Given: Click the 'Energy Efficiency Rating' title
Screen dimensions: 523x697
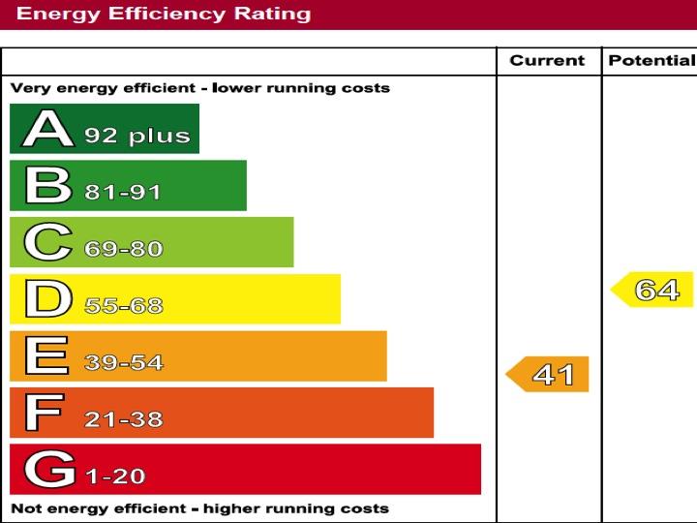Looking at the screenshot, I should pyautogui.click(x=165, y=14).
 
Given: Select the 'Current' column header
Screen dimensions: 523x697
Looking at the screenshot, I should pyautogui.click(x=548, y=60).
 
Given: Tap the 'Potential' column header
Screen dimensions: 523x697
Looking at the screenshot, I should pyautogui.click(x=651, y=60).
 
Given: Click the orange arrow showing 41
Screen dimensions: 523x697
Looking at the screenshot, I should pyautogui.click(x=549, y=374).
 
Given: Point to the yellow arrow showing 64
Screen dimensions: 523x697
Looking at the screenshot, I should pyautogui.click(x=653, y=290).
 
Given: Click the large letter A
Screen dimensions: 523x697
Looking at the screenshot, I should pyautogui.click(x=47, y=129).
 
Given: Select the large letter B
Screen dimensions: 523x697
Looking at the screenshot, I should pyautogui.click(x=47, y=185).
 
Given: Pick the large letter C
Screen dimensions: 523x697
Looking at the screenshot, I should pyautogui.click(x=47, y=242).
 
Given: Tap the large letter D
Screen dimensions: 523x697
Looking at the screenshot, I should pyautogui.click(x=47, y=299).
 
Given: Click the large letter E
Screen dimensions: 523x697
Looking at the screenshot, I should pyautogui.click(x=45, y=355).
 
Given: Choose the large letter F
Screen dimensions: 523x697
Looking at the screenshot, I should pyautogui.click(x=44, y=413).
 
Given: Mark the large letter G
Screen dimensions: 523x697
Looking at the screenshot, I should pyautogui.click(x=49, y=470).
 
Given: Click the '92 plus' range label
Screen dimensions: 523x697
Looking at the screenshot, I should pyautogui.click(x=136, y=136).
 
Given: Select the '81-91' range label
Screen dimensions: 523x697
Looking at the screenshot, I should pyautogui.click(x=123, y=192).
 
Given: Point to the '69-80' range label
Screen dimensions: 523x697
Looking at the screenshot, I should pyautogui.click(x=123, y=249).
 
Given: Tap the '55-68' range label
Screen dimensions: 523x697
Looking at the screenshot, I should pyautogui.click(x=123, y=306).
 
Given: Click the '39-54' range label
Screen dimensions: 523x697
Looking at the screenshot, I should pyautogui.click(x=123, y=363).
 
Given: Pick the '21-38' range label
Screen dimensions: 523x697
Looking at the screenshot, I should pyautogui.click(x=123, y=420).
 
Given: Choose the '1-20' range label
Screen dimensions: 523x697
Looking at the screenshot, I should pyautogui.click(x=115, y=477).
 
